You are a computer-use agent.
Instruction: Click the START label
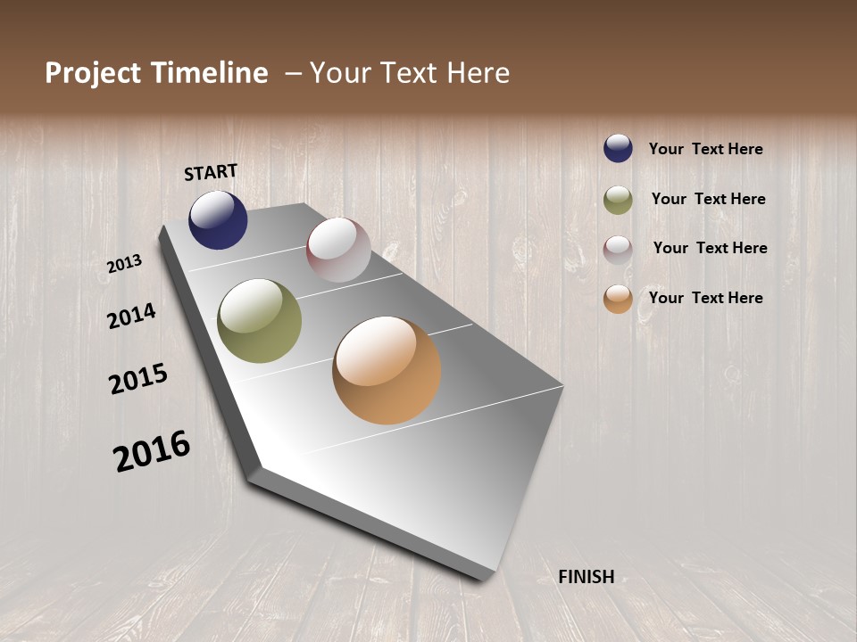click(x=211, y=172)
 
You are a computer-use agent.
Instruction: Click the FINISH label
click(x=586, y=577)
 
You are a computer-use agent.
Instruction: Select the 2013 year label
click(x=124, y=264)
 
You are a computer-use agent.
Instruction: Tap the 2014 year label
click(x=131, y=316)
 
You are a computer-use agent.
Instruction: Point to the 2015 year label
click(x=138, y=379)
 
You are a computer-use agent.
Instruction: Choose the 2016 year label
click(x=152, y=450)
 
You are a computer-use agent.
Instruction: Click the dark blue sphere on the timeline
click(x=218, y=219)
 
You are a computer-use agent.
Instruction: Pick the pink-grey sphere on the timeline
click(x=338, y=250)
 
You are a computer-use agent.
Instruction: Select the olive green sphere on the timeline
click(x=259, y=321)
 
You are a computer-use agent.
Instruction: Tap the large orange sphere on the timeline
click(x=387, y=370)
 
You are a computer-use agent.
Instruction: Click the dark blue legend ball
click(x=618, y=148)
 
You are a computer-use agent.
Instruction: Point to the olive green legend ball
click(x=618, y=200)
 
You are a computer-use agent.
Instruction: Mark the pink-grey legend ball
click(x=618, y=250)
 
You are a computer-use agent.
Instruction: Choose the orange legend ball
click(x=618, y=299)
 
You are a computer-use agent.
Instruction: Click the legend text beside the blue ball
click(x=705, y=149)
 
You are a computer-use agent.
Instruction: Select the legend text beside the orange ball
click(x=705, y=298)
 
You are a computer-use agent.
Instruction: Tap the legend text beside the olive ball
click(x=708, y=199)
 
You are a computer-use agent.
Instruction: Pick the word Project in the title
click(x=90, y=73)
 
